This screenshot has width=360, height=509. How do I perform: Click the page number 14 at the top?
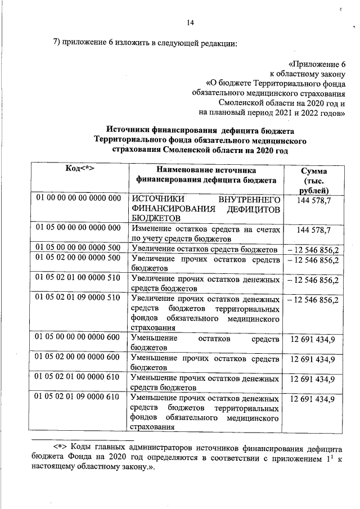coord(190,22)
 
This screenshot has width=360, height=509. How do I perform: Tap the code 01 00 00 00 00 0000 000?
coord(79,199)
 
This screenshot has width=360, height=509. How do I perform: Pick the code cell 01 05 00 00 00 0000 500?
coord(79,248)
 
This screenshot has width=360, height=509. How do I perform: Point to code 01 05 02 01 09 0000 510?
coord(79,298)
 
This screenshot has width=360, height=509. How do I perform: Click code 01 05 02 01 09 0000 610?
coord(79,398)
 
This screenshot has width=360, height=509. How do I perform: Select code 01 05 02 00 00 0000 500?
coord(79,259)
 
